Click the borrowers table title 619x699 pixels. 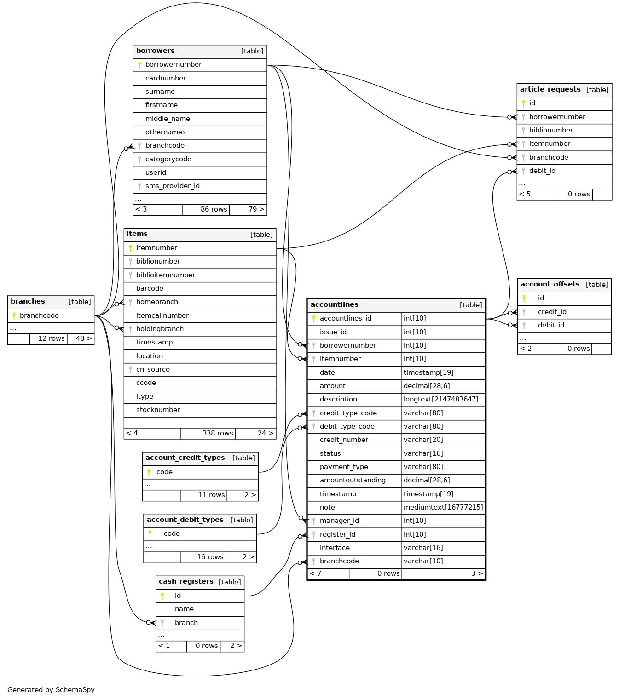click(x=156, y=51)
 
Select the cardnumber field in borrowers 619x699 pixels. click(x=166, y=78)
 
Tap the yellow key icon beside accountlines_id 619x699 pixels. click(x=314, y=318)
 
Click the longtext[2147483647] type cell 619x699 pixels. click(x=441, y=399)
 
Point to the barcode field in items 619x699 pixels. click(x=150, y=288)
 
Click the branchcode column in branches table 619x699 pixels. click(x=39, y=315)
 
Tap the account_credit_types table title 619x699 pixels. click(x=185, y=458)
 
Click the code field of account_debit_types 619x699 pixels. click(x=172, y=533)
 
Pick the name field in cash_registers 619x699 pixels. click(x=184, y=609)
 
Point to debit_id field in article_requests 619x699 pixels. click(x=542, y=171)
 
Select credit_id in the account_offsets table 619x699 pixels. click(x=552, y=312)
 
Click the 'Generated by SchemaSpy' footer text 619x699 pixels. click(x=51, y=690)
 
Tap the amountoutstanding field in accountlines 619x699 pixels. click(x=353, y=480)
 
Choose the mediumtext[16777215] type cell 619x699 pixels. click(x=443, y=507)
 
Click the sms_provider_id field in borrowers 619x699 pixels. click(x=173, y=186)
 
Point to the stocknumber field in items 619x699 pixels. click(x=158, y=410)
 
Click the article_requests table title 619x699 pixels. click(x=550, y=90)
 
